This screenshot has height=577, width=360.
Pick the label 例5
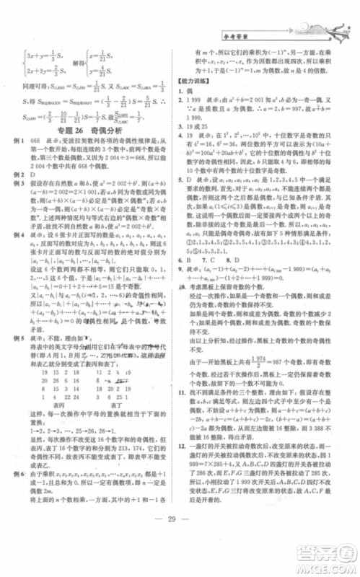(x=35, y=335)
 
